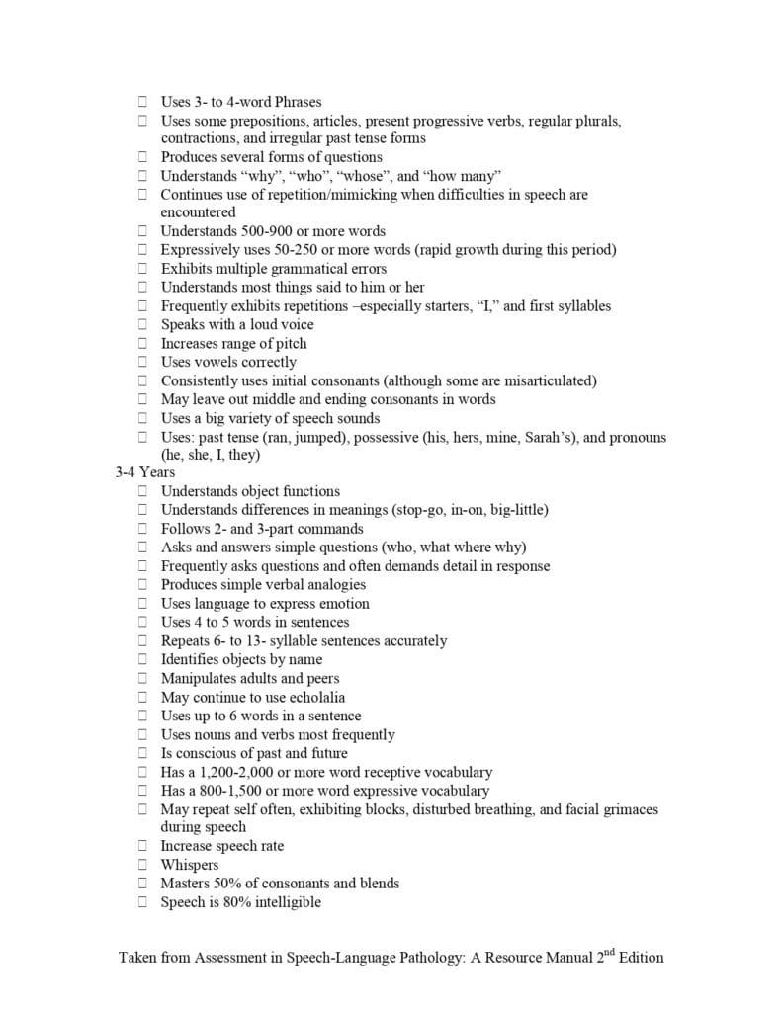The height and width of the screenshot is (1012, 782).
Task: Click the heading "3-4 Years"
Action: click(144, 472)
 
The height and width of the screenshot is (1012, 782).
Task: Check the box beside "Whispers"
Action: click(143, 865)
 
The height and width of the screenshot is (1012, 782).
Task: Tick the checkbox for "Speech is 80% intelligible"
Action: click(143, 902)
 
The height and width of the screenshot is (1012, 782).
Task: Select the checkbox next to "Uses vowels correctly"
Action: click(143, 362)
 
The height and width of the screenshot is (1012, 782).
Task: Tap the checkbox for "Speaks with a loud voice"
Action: click(143, 324)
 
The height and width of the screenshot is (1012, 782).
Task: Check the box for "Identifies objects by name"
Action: click(143, 659)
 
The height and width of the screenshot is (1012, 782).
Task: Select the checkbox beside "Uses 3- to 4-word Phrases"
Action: click(143, 101)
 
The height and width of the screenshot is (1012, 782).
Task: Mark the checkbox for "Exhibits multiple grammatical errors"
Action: click(143, 269)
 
